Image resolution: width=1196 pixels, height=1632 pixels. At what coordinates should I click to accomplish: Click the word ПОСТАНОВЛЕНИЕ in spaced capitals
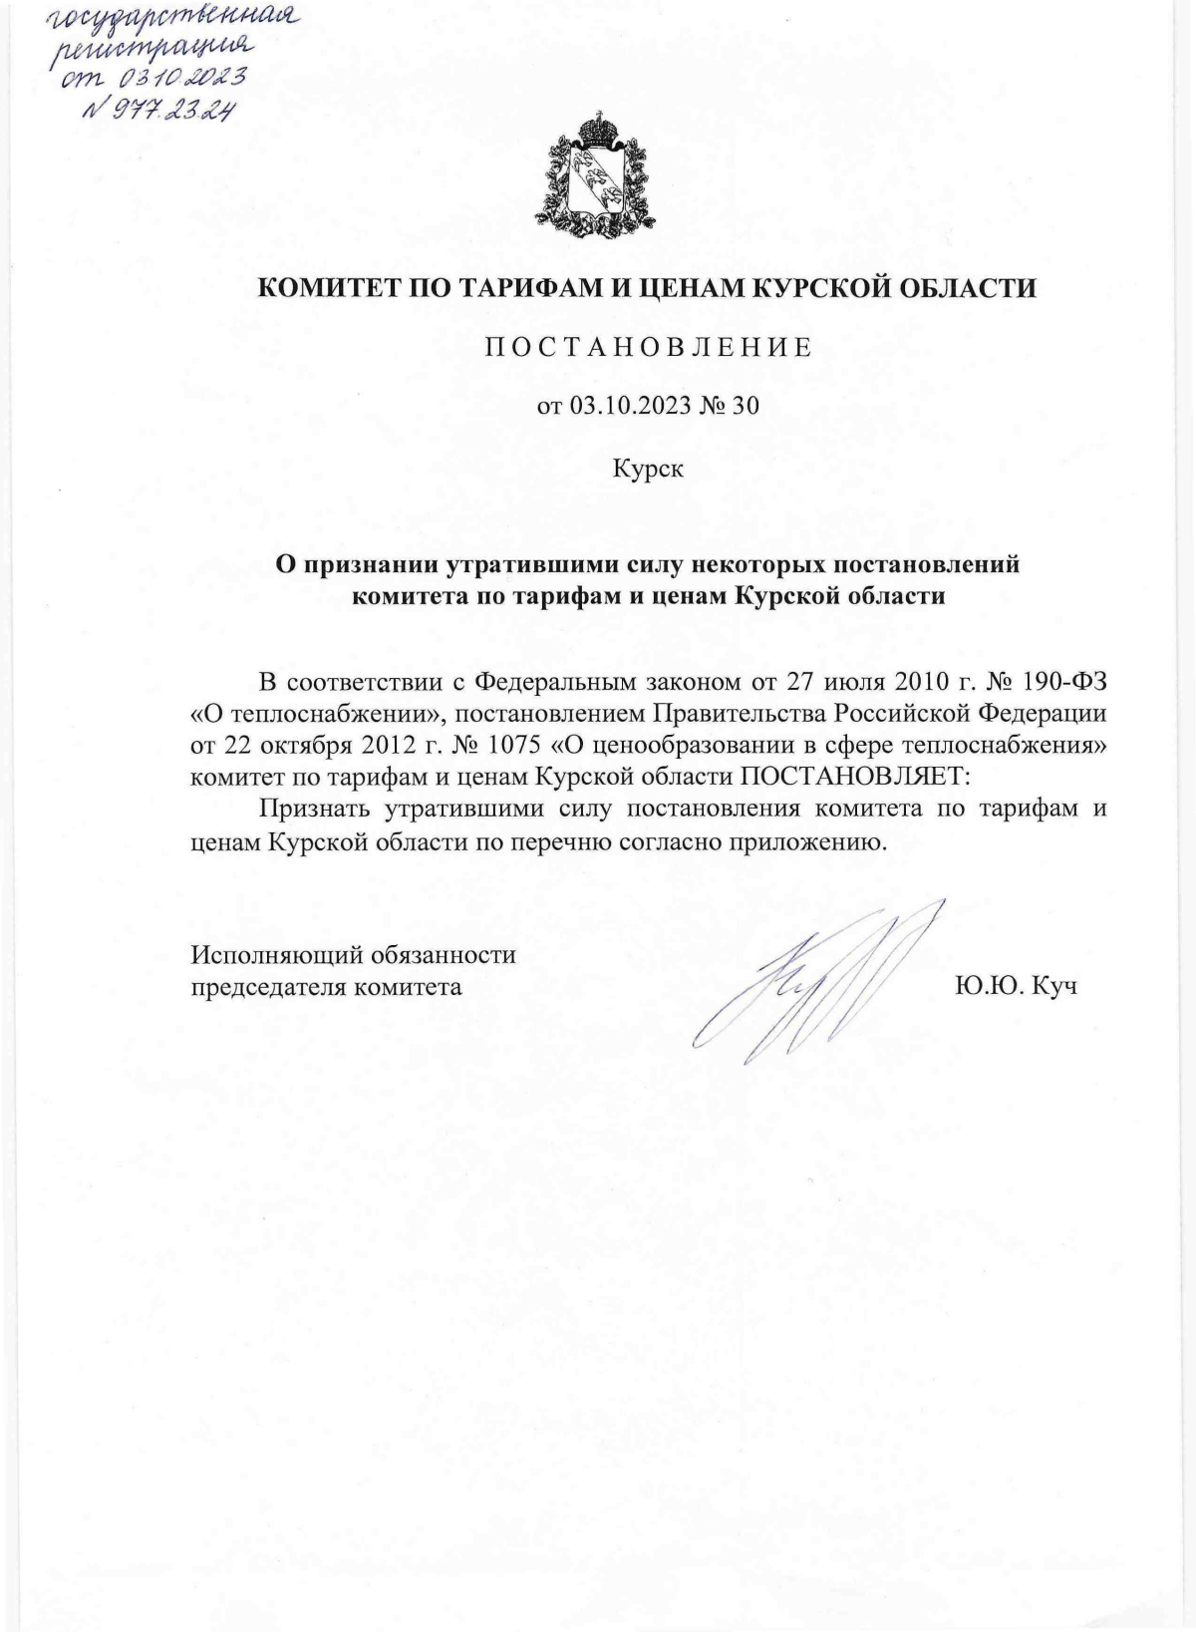(648, 348)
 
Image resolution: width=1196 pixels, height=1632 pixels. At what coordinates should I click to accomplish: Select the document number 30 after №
(746, 406)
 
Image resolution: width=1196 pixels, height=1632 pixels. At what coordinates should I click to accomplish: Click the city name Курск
(648, 468)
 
